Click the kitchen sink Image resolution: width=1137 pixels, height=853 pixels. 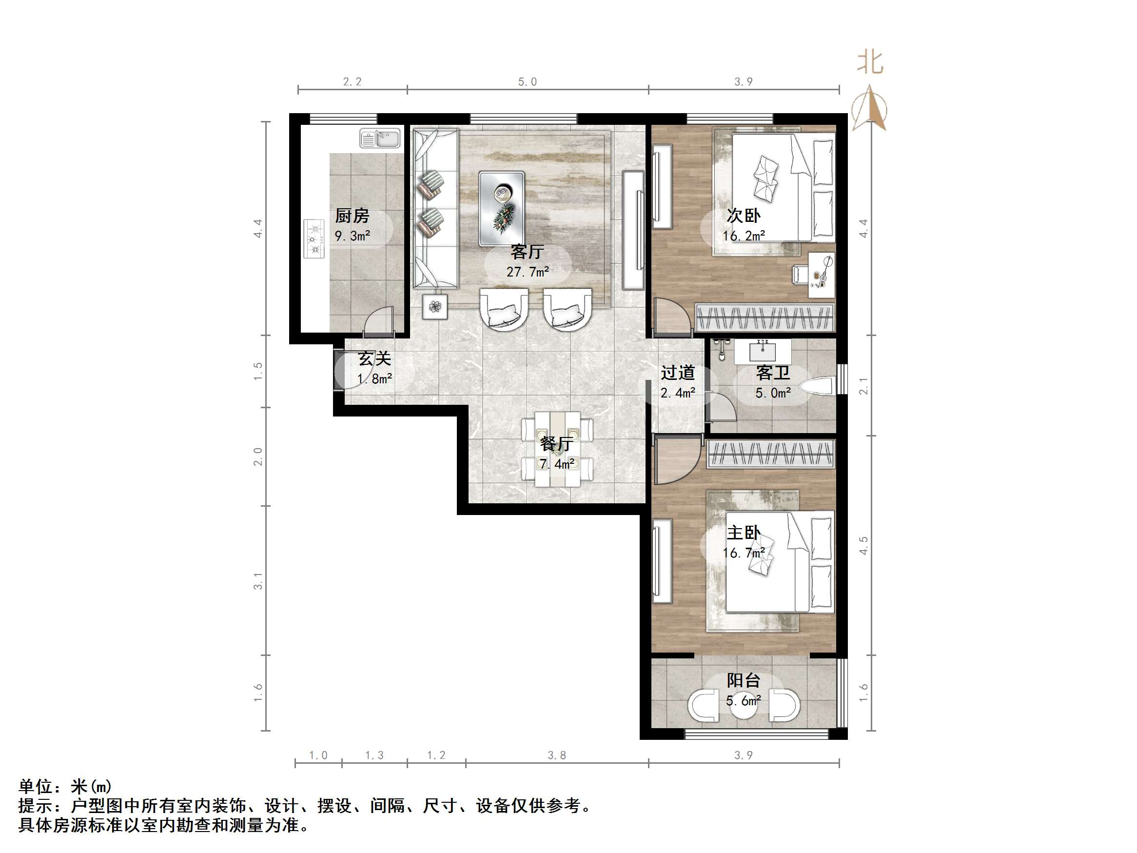pyautogui.click(x=380, y=139)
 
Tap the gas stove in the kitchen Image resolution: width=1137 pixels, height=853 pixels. pyautogui.click(x=314, y=238)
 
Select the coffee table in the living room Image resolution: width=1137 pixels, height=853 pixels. pyautogui.click(x=501, y=208)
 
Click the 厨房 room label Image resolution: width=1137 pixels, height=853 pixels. pyautogui.click(x=352, y=216)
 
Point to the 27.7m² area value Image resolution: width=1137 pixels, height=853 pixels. pyautogui.click(x=528, y=272)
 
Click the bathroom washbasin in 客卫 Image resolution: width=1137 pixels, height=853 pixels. pyautogui.click(x=763, y=352)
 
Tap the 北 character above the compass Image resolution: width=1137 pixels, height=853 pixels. pyautogui.click(x=870, y=63)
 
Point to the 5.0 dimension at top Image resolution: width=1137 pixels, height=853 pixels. pyautogui.click(x=528, y=82)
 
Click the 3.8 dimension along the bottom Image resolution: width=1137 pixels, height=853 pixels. pyautogui.click(x=557, y=755)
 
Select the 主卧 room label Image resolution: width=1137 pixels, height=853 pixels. pyautogui.click(x=743, y=533)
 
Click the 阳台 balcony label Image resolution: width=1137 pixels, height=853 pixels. pyautogui.click(x=743, y=681)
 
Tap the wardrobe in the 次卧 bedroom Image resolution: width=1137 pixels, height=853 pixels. pyautogui.click(x=765, y=317)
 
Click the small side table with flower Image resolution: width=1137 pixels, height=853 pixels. pyautogui.click(x=435, y=307)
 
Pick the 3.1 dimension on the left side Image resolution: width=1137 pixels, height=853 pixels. pyautogui.click(x=258, y=581)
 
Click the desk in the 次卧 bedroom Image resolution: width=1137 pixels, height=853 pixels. pyautogui.click(x=821, y=275)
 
